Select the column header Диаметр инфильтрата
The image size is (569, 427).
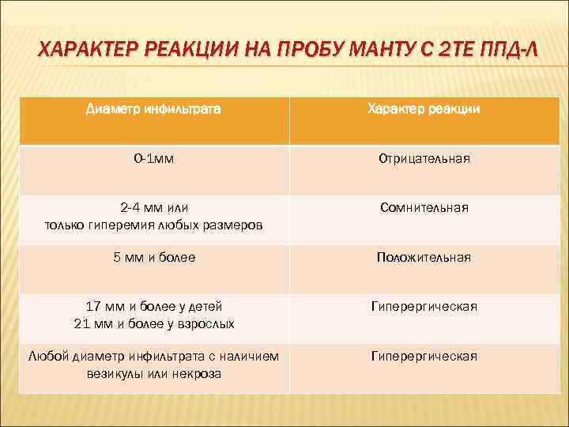coord(153,109)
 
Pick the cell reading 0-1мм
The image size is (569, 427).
coord(154,159)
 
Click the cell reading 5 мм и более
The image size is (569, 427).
coord(154,257)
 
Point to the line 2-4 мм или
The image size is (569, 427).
coord(154,207)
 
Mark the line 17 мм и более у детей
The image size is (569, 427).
coord(154,306)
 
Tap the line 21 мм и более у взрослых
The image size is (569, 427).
coord(154,323)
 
